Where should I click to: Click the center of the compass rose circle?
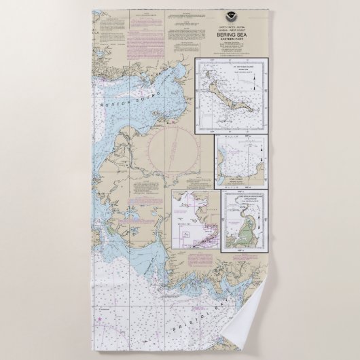(x=174, y=153)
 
